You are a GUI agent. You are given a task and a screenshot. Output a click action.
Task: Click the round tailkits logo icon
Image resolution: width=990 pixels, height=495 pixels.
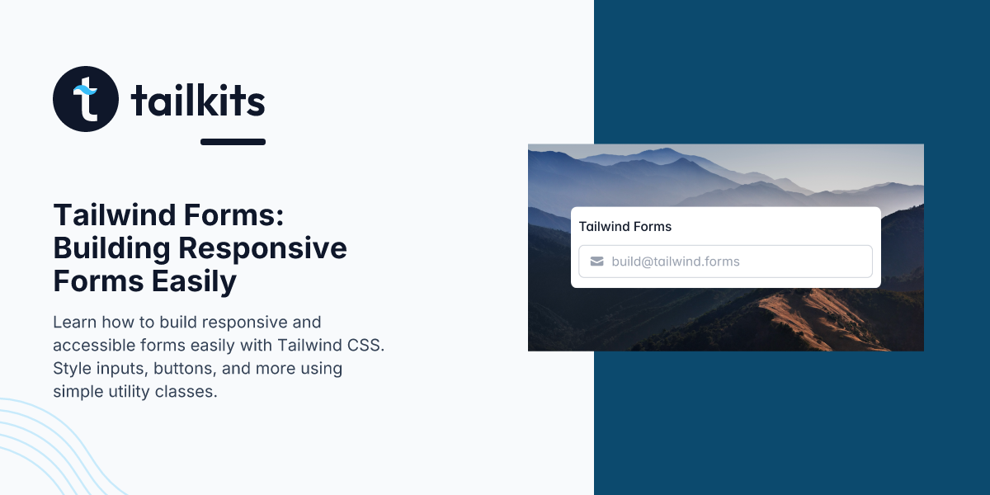(86, 99)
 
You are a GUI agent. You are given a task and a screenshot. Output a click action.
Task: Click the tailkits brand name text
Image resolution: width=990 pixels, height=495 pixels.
(198, 101)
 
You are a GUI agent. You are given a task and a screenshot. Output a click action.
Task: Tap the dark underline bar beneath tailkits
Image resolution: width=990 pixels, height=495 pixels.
(233, 142)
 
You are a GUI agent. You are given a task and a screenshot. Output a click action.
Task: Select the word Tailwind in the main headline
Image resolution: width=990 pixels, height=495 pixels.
(112, 216)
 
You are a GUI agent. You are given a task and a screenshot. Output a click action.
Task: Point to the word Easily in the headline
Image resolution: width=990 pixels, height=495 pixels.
(194, 281)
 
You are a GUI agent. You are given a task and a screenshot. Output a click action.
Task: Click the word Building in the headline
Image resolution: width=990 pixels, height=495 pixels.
(111, 248)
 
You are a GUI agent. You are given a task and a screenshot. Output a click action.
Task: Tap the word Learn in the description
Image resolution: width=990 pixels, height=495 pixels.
(72, 322)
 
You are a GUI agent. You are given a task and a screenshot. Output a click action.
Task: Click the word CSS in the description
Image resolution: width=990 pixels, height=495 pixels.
(368, 345)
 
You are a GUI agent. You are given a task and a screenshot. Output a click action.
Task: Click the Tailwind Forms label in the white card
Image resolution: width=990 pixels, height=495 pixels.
(625, 226)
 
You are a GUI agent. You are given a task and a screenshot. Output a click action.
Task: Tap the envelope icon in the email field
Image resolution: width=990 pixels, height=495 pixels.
(597, 262)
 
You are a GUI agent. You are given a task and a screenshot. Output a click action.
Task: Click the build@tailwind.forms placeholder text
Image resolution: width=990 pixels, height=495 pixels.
(676, 262)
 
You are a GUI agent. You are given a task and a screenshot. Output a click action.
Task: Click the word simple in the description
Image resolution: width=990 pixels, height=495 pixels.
(76, 391)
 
